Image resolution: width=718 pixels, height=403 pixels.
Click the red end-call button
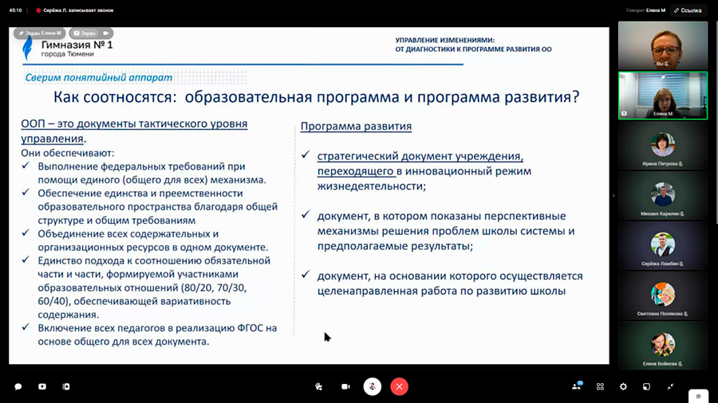pos(400,386)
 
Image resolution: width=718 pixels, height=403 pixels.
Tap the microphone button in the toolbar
pos(372,386)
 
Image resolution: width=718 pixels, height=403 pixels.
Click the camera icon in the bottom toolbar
pos(345,386)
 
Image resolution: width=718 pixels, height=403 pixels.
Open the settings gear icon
pos(623,386)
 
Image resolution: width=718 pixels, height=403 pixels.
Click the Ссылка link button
pos(688,10)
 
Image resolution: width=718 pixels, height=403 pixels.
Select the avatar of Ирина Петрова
pos(662,145)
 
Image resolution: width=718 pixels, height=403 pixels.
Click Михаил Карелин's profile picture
pos(662,194)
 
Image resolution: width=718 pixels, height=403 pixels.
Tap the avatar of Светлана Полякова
pos(662,294)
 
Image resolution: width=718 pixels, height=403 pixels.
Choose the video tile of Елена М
pos(662,95)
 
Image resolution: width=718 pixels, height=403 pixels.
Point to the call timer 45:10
pos(14,10)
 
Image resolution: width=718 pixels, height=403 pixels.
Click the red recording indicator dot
pos(38,10)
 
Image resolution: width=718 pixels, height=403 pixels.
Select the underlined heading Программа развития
pos(356,126)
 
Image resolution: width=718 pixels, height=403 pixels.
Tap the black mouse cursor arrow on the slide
pos(327,337)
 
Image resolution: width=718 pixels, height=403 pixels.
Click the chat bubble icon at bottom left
pos(18,386)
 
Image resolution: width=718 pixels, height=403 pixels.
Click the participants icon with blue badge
pos(576,386)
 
